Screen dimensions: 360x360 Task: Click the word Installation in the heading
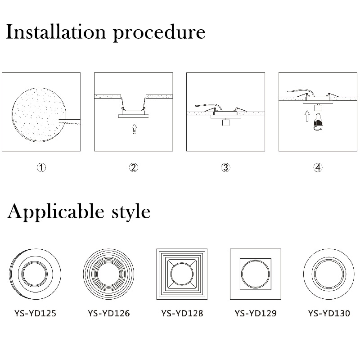tap(56, 31)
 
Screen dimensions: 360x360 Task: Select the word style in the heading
tap(131, 212)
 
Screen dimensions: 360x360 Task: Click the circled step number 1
tap(41, 167)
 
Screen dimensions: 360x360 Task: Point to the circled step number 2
tap(134, 167)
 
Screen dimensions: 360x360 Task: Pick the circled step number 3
tap(226, 167)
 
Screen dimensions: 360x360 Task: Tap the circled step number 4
tap(318, 167)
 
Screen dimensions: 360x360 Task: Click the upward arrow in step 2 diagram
tap(134, 129)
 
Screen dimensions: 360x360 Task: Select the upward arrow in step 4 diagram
tap(307, 116)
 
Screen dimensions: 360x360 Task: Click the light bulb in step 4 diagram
tap(318, 121)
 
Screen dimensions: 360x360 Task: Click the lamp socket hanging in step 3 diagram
tap(226, 122)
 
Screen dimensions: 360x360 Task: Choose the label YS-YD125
tap(35, 313)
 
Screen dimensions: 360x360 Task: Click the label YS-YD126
tap(108, 313)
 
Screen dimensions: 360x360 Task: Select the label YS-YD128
tap(182, 313)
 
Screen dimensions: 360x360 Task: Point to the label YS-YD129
tap(256, 313)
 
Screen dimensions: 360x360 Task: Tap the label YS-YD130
tap(329, 313)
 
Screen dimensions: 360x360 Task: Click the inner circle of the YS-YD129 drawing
tap(241, 274)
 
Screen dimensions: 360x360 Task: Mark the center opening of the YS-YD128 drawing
tap(182, 274)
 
